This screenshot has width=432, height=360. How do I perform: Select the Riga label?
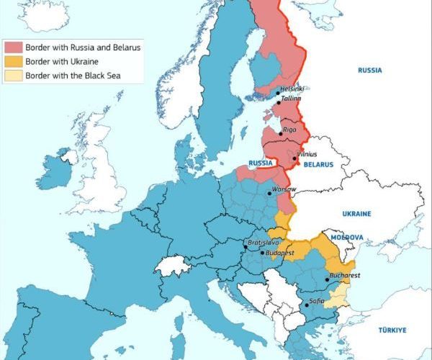click(290, 129)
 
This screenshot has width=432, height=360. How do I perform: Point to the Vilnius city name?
click(307, 154)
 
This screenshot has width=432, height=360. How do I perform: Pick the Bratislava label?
click(261, 243)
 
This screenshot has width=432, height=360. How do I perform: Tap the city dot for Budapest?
click(263, 253)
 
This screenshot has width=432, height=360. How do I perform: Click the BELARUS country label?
click(318, 164)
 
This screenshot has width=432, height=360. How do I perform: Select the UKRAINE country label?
click(356, 214)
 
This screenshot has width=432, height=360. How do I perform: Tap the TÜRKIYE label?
click(392, 330)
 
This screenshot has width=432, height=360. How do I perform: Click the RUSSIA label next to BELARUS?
click(261, 163)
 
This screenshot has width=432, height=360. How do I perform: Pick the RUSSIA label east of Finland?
click(369, 71)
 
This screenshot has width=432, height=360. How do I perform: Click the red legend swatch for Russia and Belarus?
click(14, 47)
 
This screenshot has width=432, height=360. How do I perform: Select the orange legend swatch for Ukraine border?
click(14, 60)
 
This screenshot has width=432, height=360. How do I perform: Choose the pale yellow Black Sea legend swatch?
click(14, 74)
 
